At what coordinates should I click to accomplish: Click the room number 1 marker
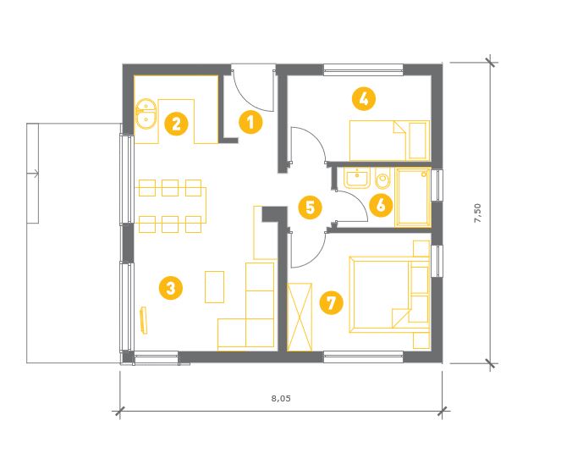tap(250, 122)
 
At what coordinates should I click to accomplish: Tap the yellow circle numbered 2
tap(176, 124)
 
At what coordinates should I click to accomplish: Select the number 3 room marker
tap(171, 288)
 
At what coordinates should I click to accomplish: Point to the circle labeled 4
tap(364, 98)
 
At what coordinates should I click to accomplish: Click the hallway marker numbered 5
tap(310, 207)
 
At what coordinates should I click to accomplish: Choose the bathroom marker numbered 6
tap(381, 205)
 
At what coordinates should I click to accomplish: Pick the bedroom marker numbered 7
tap(331, 302)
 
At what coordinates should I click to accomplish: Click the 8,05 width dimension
tap(281, 398)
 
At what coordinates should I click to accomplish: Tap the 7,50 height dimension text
tap(478, 213)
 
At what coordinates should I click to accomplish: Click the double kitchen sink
tap(146, 113)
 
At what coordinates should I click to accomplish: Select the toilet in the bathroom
tap(382, 180)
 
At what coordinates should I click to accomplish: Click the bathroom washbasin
tap(357, 179)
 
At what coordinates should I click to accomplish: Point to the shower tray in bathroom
tap(413, 197)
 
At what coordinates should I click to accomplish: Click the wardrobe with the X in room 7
tap(300, 317)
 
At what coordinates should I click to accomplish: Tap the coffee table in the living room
tap(215, 287)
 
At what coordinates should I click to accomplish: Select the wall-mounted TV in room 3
tap(144, 320)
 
